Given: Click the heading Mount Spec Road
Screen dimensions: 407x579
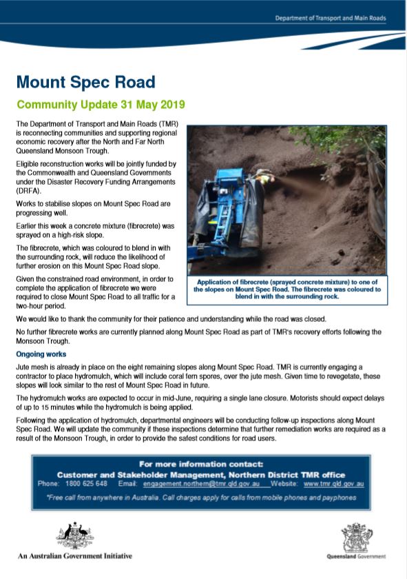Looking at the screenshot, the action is [x=85, y=83].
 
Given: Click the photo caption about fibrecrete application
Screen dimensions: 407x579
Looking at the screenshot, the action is [x=287, y=290].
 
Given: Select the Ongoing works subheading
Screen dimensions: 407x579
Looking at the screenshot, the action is [x=42, y=354].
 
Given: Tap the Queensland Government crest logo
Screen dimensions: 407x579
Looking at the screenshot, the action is [x=356, y=536].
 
